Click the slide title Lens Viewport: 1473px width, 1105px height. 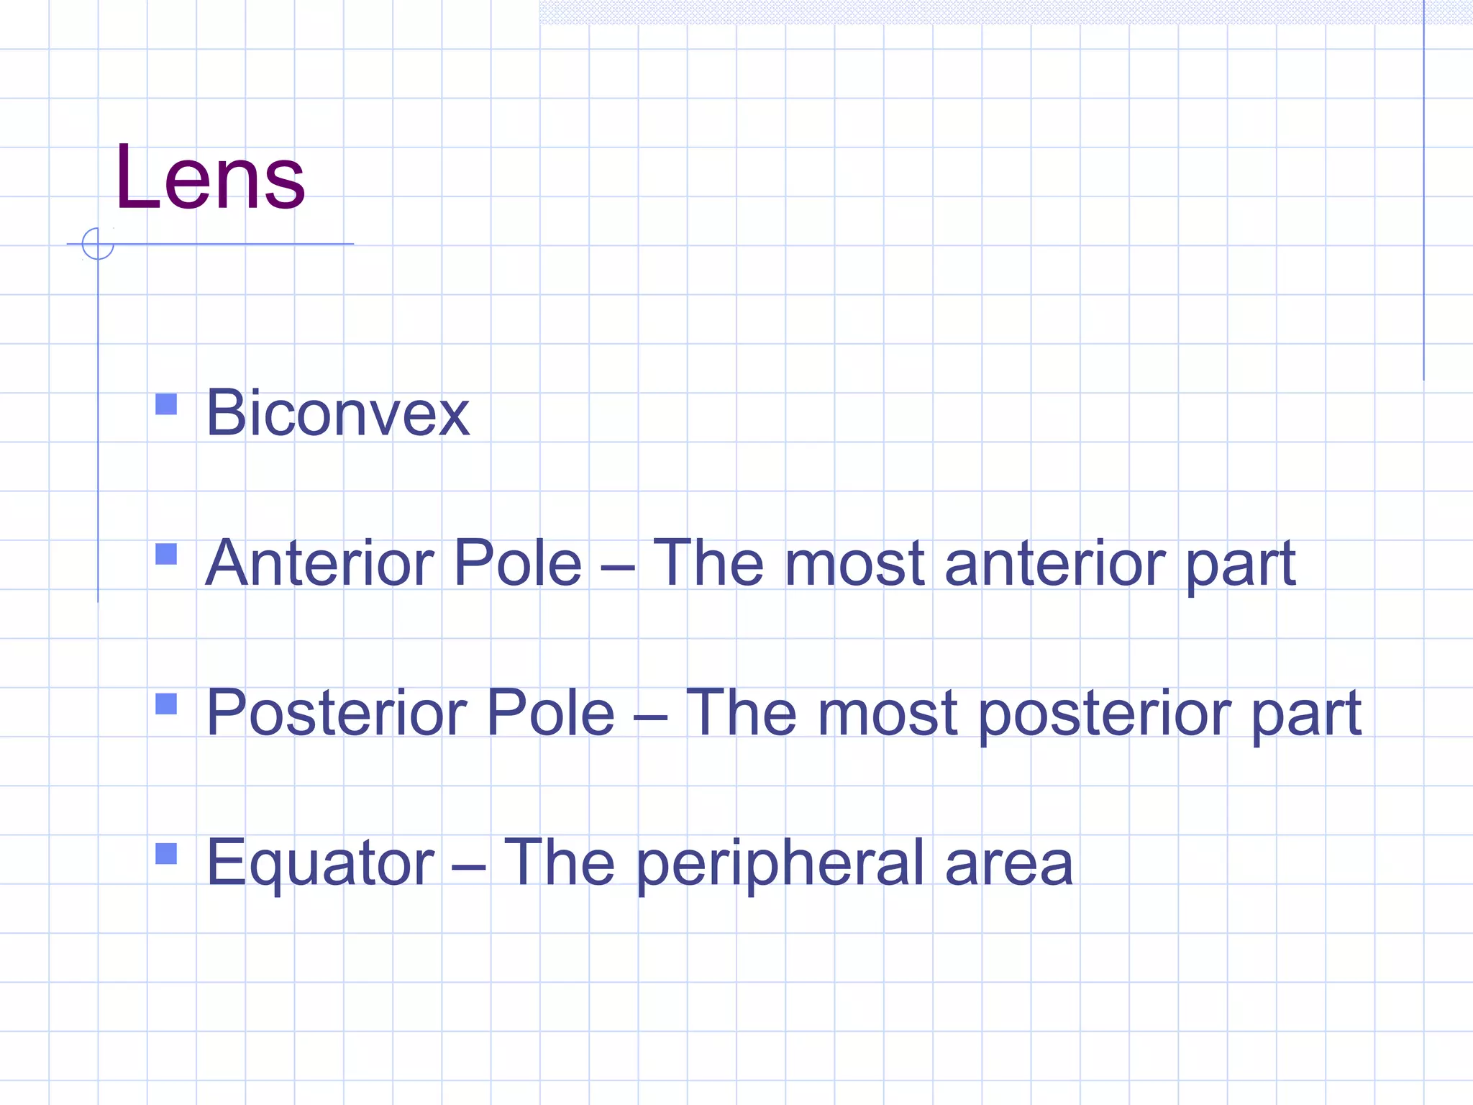tap(210, 178)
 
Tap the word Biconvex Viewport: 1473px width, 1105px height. tap(337, 413)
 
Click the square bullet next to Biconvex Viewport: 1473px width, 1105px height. tap(166, 404)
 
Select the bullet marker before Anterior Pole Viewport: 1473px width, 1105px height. tap(166, 554)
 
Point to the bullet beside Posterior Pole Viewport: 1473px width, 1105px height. tap(166, 704)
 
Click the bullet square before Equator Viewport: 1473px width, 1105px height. tap(166, 854)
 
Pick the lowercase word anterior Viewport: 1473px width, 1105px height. tap(1054, 563)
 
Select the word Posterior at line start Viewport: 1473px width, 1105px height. tap(337, 713)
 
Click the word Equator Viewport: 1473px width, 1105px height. tap(320, 864)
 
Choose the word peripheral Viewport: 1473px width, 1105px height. tap(780, 864)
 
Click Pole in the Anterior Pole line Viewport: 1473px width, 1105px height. tap(518, 563)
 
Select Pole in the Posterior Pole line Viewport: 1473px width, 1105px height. tap(551, 713)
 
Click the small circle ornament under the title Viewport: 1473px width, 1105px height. tap(98, 244)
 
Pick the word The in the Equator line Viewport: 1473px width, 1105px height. tap(559, 863)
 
